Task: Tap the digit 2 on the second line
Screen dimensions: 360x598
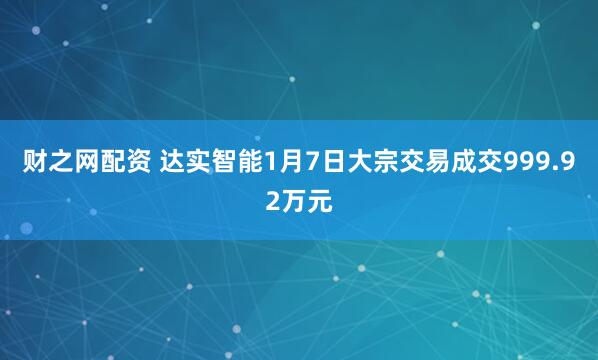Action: [273, 201]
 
